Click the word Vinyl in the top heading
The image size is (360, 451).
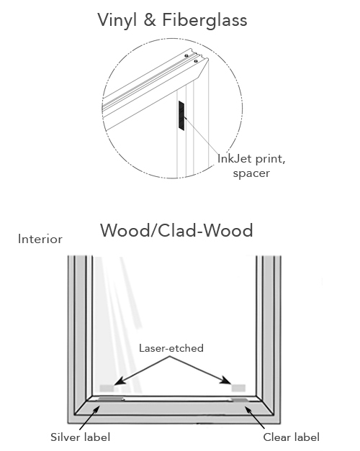click(117, 21)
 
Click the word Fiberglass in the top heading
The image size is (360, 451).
click(204, 20)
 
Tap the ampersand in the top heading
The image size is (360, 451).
click(150, 20)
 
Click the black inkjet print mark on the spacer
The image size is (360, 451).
click(181, 116)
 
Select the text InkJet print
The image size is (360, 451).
click(251, 159)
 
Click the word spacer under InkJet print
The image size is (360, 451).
click(251, 173)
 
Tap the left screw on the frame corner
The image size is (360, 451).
click(186, 55)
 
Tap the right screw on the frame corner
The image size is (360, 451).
click(196, 61)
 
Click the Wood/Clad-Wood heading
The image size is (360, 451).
click(176, 230)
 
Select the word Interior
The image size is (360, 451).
click(40, 239)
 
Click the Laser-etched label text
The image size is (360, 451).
click(171, 348)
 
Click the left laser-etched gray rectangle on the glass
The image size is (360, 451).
click(107, 388)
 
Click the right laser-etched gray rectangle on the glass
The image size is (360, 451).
click(238, 388)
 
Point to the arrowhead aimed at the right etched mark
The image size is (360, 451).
click(226, 381)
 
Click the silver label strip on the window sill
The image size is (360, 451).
click(111, 398)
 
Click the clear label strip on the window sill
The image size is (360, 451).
click(240, 400)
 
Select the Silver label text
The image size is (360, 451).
click(81, 437)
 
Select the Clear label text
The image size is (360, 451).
click(291, 437)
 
